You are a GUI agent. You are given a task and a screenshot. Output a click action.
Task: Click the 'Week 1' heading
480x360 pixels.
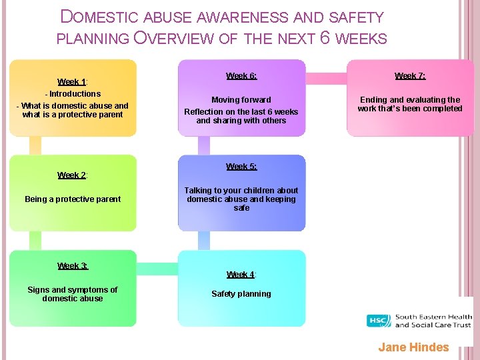click(71, 82)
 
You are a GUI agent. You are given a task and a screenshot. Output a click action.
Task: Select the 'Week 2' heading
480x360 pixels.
click(73, 175)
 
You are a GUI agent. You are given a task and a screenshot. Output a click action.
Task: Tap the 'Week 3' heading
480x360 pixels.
click(73, 265)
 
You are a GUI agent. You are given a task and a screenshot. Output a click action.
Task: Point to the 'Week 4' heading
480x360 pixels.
click(241, 274)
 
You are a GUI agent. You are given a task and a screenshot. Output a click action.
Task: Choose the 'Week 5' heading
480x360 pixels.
click(241, 167)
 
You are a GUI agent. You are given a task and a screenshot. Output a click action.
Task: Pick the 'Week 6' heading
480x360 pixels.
click(241, 76)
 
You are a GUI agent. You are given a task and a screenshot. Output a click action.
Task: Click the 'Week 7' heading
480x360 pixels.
click(410, 76)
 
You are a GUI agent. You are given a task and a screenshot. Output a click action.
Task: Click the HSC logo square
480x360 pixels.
click(379, 321)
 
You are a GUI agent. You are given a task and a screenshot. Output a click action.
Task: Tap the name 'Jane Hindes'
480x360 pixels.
click(413, 347)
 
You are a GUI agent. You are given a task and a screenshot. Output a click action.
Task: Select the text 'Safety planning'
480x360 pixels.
click(241, 294)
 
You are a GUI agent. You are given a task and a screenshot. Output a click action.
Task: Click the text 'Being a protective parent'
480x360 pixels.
click(73, 199)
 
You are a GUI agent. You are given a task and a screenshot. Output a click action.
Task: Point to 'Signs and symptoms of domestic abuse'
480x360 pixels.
click(73, 294)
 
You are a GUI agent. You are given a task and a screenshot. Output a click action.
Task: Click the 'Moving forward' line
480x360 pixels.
click(241, 99)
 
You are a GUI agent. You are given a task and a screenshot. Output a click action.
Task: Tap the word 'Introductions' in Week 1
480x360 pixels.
click(75, 94)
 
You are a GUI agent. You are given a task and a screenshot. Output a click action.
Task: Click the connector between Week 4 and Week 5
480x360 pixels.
click(204, 240)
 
